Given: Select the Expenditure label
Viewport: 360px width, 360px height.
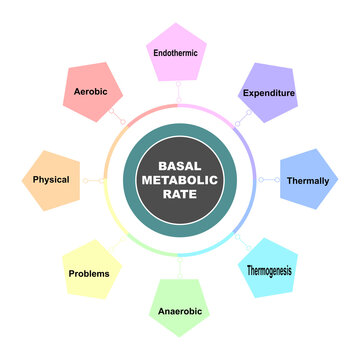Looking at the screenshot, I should [268, 93].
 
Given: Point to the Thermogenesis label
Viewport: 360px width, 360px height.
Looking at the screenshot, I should [271, 270].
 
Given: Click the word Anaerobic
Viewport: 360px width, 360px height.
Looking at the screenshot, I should [180, 311].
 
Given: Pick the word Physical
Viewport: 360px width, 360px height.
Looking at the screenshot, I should [51, 180].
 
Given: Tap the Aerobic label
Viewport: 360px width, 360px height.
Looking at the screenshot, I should [91, 90].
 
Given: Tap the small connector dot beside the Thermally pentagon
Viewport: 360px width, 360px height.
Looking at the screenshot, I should [261, 180].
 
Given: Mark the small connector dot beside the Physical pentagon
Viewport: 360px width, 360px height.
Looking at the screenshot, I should [86, 180].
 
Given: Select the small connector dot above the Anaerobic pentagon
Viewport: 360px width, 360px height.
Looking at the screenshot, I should [180, 262].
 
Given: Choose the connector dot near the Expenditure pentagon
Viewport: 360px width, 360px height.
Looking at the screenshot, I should [238, 121].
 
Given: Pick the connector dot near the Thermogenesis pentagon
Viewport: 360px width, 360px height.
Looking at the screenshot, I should [238, 239].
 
